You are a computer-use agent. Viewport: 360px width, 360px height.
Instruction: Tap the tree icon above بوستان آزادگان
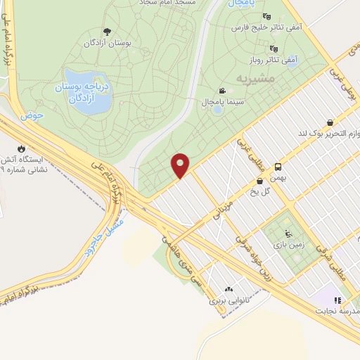click(107, 31)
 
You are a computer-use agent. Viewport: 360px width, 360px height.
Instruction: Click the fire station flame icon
click(22, 148)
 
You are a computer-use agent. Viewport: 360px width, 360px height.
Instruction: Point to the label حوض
click(33, 114)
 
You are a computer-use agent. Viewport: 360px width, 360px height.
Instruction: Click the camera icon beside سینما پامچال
click(223, 91)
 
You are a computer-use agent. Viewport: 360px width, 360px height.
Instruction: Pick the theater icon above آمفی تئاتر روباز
click(274, 49)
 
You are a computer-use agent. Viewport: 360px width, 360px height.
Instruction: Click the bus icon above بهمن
click(278, 167)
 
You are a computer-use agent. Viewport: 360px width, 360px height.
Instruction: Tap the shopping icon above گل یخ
click(259, 181)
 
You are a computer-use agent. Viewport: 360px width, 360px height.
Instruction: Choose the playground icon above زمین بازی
click(286, 234)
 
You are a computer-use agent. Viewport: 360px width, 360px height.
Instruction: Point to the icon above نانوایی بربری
click(229, 289)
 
